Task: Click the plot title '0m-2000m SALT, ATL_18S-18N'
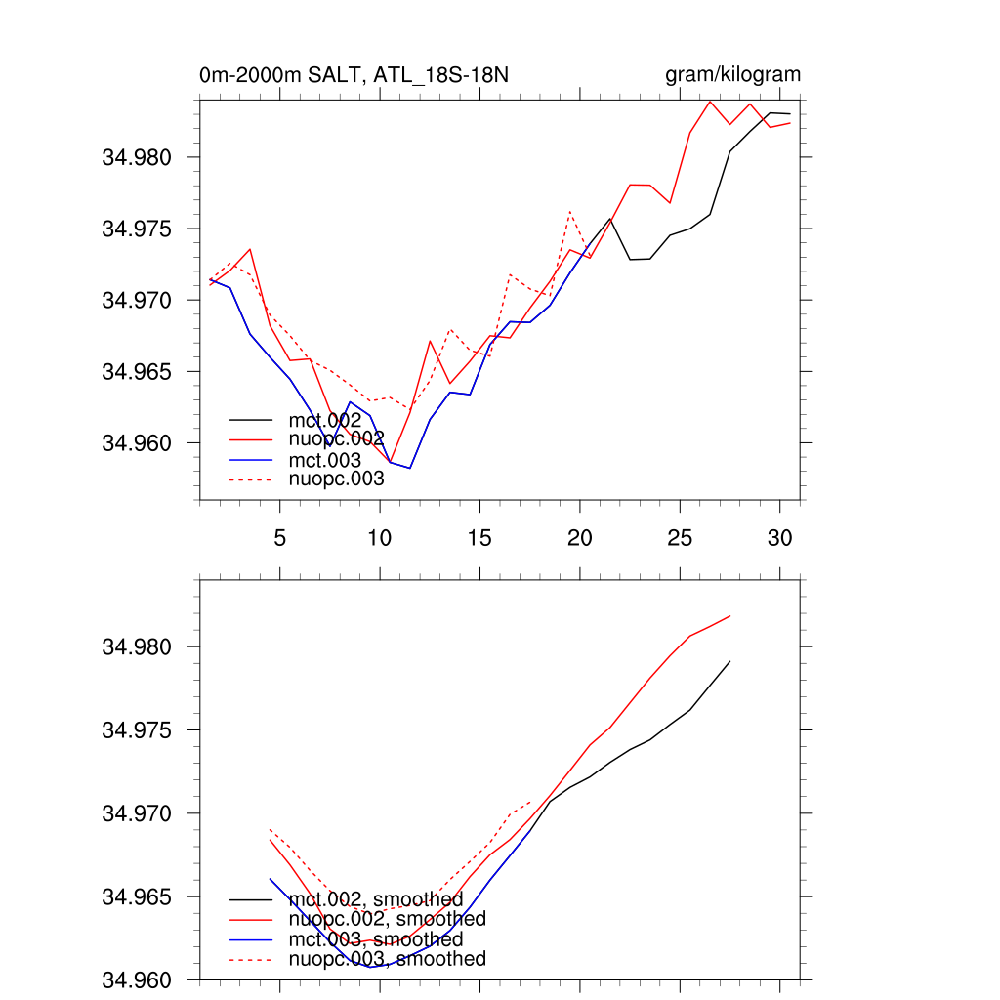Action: pyautogui.click(x=354, y=75)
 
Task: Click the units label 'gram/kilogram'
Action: pyautogui.click(x=732, y=75)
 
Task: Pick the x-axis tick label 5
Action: pyautogui.click(x=280, y=537)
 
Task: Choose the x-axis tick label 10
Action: pyautogui.click(x=379, y=537)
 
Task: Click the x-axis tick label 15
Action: pyautogui.click(x=479, y=537)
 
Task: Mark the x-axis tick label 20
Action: pyautogui.click(x=580, y=537)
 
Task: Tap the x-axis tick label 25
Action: pyautogui.click(x=680, y=537)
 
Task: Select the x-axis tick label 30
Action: pyautogui.click(x=779, y=537)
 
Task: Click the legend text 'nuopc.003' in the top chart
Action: pyautogui.click(x=336, y=479)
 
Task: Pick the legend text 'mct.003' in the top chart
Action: pyautogui.click(x=325, y=459)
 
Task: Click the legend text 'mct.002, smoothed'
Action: pyautogui.click(x=376, y=898)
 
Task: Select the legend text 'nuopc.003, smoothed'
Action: pyautogui.click(x=387, y=959)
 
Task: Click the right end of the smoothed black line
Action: pyautogui.click(x=729, y=661)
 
